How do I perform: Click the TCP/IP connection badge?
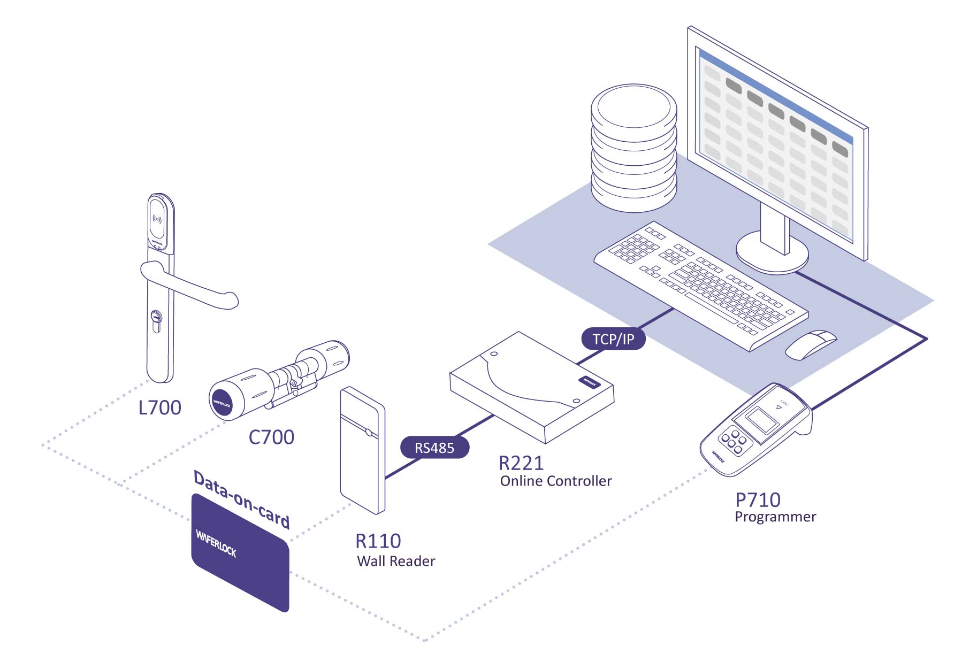[x=613, y=339]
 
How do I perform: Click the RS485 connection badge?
[x=434, y=448]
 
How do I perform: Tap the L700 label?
[x=159, y=407]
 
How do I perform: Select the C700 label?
[x=271, y=437]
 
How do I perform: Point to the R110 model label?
[x=378, y=541]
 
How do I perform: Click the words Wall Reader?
[x=396, y=561]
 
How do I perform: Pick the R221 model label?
[x=521, y=463]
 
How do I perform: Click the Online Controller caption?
[x=555, y=481]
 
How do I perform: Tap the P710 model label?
[x=758, y=500]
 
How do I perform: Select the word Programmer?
[x=775, y=517]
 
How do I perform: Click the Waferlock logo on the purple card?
[x=216, y=543]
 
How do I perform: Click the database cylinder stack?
[x=633, y=147]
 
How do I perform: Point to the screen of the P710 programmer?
[x=762, y=420]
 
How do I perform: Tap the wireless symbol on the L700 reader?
[x=157, y=219]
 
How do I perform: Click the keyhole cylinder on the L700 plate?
[x=156, y=319]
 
